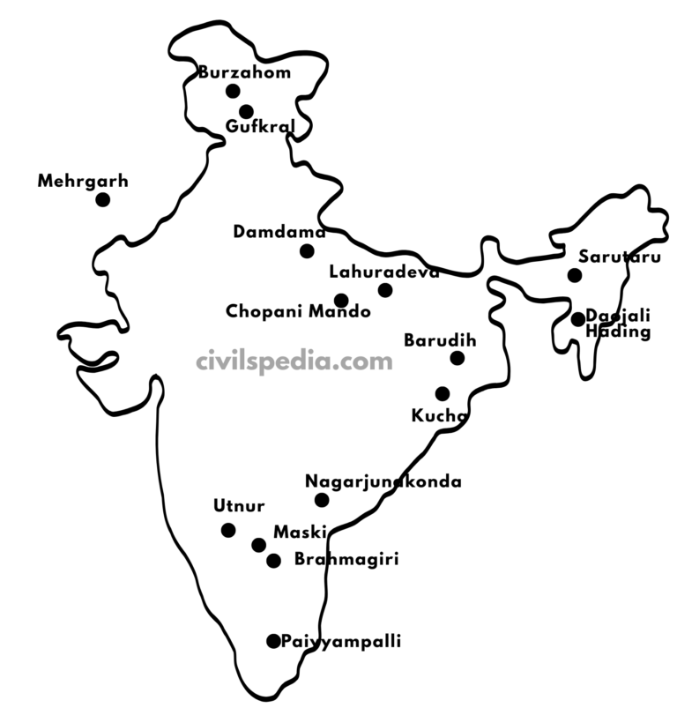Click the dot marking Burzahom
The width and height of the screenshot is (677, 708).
(233, 91)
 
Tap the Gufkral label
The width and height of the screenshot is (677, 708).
(260, 127)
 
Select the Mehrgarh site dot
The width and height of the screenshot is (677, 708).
(103, 199)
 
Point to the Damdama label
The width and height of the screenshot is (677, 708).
(279, 232)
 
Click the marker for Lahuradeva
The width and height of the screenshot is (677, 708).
(385, 290)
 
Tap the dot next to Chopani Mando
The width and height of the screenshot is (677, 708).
(341, 301)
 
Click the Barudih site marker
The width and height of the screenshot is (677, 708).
(457, 358)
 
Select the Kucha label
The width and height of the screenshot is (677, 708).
(438, 415)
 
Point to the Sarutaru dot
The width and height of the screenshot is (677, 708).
(575, 275)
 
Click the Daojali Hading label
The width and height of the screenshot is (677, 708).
(618, 325)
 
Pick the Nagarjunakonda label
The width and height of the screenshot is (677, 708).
(383, 481)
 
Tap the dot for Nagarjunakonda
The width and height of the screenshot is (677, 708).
(322, 500)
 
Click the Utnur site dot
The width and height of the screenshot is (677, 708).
(228, 530)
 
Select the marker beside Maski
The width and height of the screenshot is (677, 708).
(258, 545)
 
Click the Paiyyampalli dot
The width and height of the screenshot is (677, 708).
(273, 641)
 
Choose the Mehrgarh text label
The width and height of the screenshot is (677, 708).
(83, 182)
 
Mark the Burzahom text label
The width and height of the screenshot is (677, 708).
(244, 72)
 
